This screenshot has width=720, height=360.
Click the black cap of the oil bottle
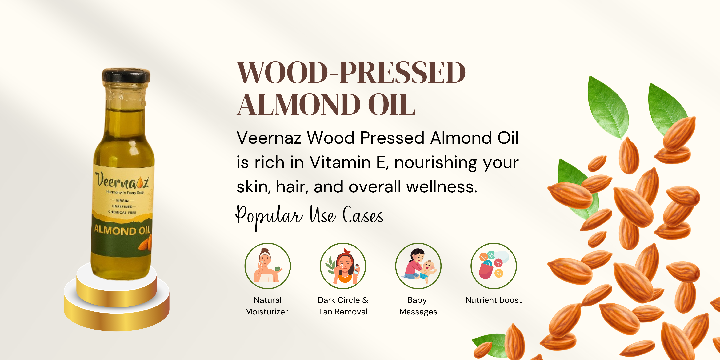point(126,75)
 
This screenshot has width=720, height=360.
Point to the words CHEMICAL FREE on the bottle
point(122,212)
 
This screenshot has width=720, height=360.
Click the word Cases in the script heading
point(363,215)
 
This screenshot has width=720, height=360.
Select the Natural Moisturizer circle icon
point(267,266)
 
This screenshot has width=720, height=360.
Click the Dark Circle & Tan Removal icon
point(343,266)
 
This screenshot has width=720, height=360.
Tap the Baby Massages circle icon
point(418,266)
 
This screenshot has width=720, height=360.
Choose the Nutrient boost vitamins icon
point(494,266)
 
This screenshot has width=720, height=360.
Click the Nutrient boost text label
point(494,300)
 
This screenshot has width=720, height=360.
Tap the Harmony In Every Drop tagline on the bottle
point(125,192)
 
